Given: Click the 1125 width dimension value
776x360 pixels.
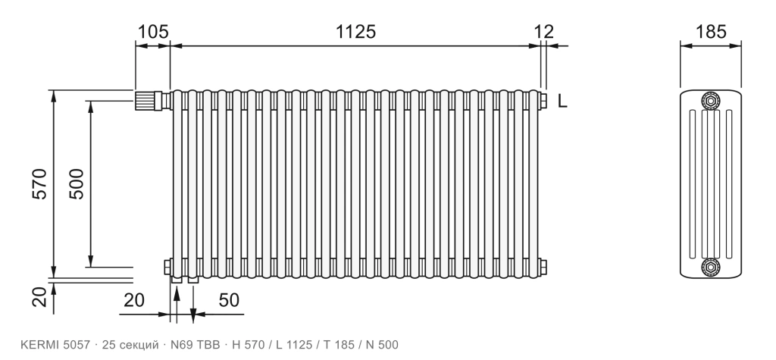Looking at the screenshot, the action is pyautogui.click(x=356, y=32).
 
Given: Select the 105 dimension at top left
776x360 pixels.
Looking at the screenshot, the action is pyautogui.click(x=152, y=32).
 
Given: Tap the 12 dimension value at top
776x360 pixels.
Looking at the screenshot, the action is pyautogui.click(x=544, y=32).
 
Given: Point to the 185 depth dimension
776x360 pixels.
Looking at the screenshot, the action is pyautogui.click(x=711, y=32).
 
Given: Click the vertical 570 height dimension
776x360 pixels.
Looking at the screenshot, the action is pyautogui.click(x=39, y=184).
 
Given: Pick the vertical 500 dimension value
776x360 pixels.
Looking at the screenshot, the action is pyautogui.click(x=77, y=184).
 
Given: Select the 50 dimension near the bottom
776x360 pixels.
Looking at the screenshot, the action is pyautogui.click(x=229, y=300).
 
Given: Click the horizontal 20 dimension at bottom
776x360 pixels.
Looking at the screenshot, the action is pyautogui.click(x=133, y=300).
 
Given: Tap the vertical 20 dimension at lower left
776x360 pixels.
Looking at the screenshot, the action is pyautogui.click(x=39, y=297).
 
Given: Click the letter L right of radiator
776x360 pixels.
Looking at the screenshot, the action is pyautogui.click(x=562, y=102).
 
